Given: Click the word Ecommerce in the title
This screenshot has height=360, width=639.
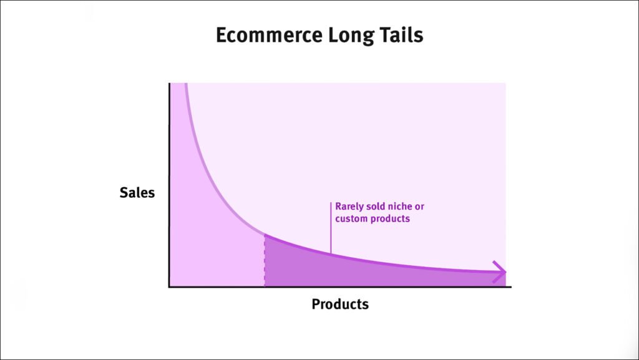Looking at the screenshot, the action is tap(269, 35).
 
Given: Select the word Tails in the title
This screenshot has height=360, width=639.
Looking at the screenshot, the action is tap(401, 35).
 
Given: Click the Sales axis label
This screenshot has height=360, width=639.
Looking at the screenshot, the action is tap(137, 193).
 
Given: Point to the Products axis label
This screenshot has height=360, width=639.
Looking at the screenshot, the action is tap(340, 304).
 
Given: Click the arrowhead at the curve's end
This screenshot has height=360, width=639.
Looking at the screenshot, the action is tap(499, 271).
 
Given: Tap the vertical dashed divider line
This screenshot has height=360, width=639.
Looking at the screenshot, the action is tap(265, 260).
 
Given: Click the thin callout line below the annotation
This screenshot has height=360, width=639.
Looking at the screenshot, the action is tap(331, 228).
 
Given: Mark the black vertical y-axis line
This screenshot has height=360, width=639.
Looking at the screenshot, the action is tap(169, 185).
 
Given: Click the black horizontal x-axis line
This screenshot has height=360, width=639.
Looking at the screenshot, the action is tap(340, 287).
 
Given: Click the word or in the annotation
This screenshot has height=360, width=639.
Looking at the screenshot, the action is tap(419, 207).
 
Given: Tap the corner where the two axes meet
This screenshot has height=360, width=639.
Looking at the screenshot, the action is tap(169, 287).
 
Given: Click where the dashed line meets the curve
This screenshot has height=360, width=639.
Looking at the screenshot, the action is tap(265, 234).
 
